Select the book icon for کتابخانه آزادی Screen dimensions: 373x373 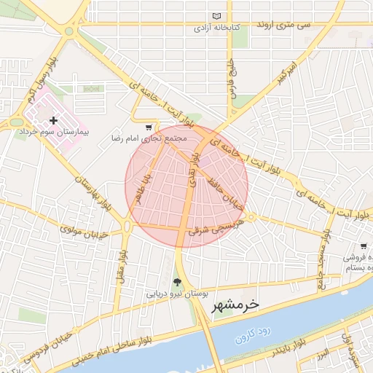(x=216, y=16)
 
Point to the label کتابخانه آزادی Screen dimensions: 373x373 (x=216, y=29)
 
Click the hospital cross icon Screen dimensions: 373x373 (x=54, y=119)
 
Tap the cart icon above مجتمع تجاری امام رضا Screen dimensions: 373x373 (x=149, y=127)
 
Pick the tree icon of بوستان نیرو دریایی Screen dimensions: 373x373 (x=176, y=282)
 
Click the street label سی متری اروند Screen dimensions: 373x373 (x=283, y=25)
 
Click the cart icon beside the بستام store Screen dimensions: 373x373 (x=363, y=246)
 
